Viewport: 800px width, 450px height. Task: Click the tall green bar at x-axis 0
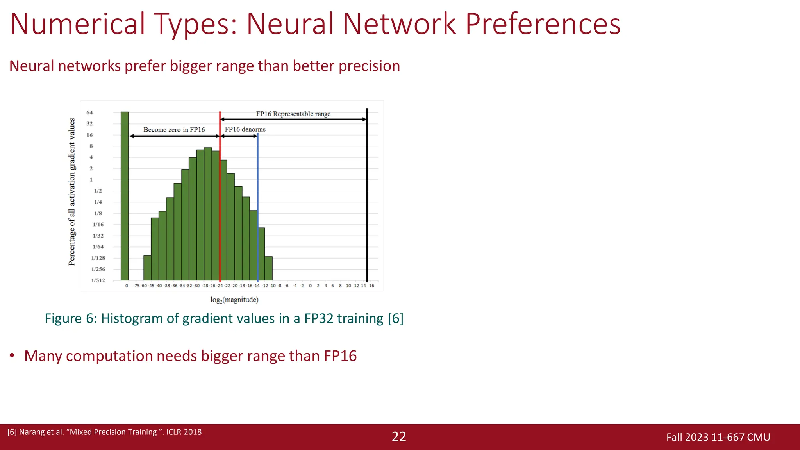click(x=125, y=195)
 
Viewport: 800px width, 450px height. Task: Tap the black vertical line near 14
click(x=367, y=195)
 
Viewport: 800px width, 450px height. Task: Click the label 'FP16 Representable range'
click(x=293, y=114)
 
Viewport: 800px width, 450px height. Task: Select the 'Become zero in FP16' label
click(x=174, y=130)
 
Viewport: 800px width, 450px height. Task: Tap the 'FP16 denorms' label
click(x=245, y=129)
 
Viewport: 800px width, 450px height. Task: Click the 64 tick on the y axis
click(x=89, y=112)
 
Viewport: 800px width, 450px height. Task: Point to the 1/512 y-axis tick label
click(x=98, y=280)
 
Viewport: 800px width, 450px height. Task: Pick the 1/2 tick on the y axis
click(x=98, y=191)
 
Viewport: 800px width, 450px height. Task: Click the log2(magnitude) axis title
click(x=234, y=300)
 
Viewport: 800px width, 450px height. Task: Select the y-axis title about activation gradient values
click(x=72, y=191)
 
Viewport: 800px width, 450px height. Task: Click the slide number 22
click(x=399, y=437)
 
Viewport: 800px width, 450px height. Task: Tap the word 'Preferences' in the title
click(x=543, y=24)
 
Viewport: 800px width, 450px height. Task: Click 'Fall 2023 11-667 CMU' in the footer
click(x=718, y=437)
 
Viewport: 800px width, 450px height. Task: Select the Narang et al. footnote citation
click(x=104, y=432)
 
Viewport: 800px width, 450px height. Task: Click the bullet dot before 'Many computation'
click(x=12, y=355)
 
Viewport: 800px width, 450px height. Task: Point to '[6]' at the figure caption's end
click(x=395, y=318)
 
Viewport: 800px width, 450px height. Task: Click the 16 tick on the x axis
click(x=371, y=286)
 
